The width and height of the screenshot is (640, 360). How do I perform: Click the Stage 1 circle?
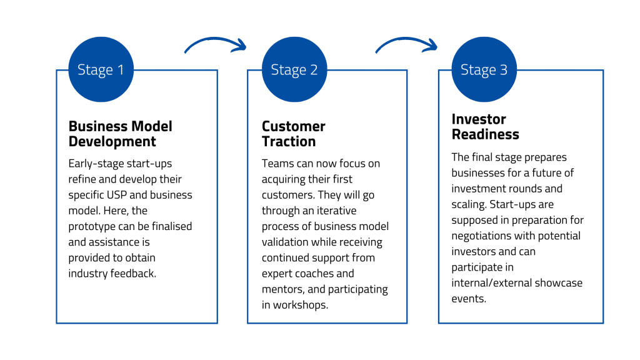pos(101,69)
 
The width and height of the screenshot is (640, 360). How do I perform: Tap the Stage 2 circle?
pos(294,69)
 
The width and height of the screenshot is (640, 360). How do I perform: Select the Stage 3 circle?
pos(484,69)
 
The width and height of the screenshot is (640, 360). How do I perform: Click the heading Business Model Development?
pos(121,134)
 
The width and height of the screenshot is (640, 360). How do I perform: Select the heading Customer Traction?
pos(294,134)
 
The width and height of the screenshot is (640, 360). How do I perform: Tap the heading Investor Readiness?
pos(485,126)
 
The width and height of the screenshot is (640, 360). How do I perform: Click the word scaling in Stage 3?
pos(469,205)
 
